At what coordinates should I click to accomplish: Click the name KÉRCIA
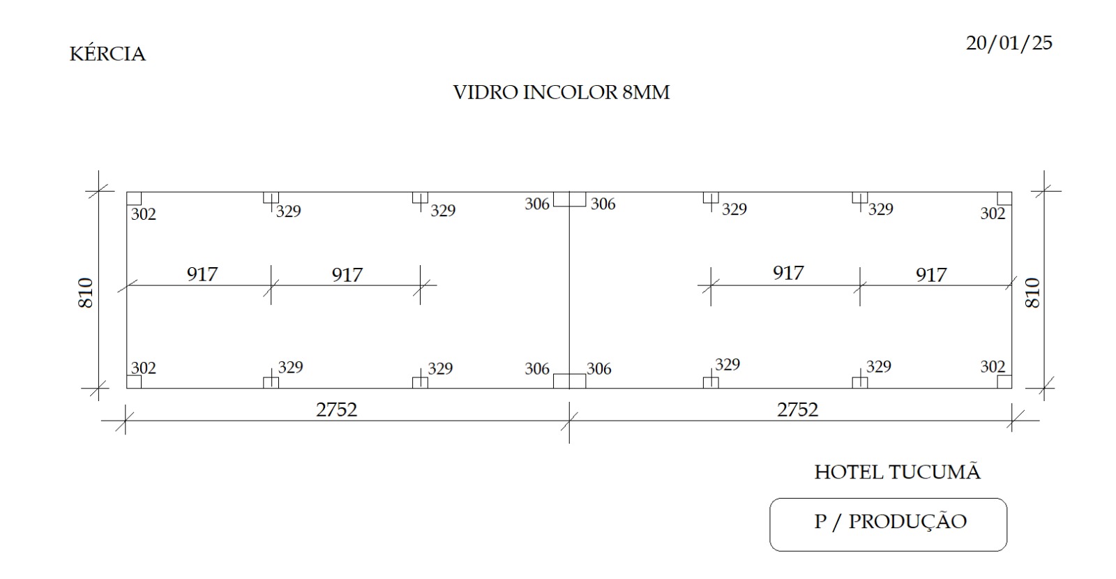tap(107, 53)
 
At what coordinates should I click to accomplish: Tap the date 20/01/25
tap(1009, 43)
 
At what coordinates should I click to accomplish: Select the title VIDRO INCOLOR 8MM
tap(561, 92)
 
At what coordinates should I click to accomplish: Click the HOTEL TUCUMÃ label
tap(897, 471)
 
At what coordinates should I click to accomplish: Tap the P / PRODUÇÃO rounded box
tap(888, 524)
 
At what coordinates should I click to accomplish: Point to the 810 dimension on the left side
tap(86, 293)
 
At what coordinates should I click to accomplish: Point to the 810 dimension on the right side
tap(1032, 293)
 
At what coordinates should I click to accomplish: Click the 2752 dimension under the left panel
tap(336, 409)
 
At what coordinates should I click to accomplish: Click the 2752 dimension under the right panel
tap(797, 409)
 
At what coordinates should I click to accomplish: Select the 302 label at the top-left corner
tap(144, 214)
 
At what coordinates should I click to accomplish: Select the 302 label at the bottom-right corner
tap(993, 367)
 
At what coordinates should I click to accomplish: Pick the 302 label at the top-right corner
tap(993, 213)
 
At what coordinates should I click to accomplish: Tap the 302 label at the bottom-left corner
tap(144, 368)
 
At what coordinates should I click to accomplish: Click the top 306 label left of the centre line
tap(536, 204)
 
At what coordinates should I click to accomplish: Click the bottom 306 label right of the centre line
tap(598, 369)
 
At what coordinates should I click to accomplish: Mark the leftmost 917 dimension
tap(202, 274)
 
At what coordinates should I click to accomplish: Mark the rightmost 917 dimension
tap(931, 275)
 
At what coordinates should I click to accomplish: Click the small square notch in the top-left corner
tap(134, 198)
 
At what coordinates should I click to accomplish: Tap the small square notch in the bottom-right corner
tap(1004, 382)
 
